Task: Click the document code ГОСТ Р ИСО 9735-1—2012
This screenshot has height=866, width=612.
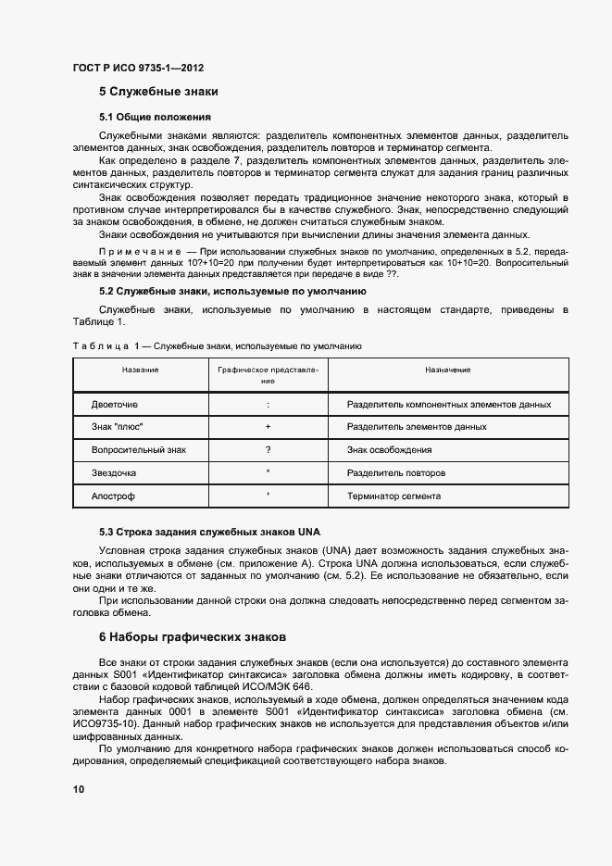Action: point(138,68)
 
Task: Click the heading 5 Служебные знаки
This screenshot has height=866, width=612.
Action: point(158,93)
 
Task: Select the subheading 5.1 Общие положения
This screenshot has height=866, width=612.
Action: point(156,118)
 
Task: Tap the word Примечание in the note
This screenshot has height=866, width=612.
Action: point(139,252)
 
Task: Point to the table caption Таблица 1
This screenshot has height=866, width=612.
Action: point(104,345)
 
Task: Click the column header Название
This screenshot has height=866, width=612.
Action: point(140,370)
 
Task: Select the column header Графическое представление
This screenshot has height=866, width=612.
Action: point(268,374)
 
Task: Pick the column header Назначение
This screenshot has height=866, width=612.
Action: point(448,370)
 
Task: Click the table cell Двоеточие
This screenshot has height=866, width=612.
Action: point(115,405)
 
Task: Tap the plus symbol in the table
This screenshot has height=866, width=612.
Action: point(268,427)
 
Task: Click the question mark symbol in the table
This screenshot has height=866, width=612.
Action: point(268,450)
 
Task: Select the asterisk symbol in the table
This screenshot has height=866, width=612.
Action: point(268,472)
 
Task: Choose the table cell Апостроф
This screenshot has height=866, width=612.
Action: point(113,496)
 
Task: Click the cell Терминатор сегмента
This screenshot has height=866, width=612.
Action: point(393,496)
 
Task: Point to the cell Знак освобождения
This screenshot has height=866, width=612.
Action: point(389,450)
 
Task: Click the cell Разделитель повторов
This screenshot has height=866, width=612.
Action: point(395,473)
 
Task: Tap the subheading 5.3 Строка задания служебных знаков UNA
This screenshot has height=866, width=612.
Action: point(209,533)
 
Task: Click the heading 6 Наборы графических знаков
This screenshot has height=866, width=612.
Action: point(194,637)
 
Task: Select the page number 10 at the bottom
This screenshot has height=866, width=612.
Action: point(78,789)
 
